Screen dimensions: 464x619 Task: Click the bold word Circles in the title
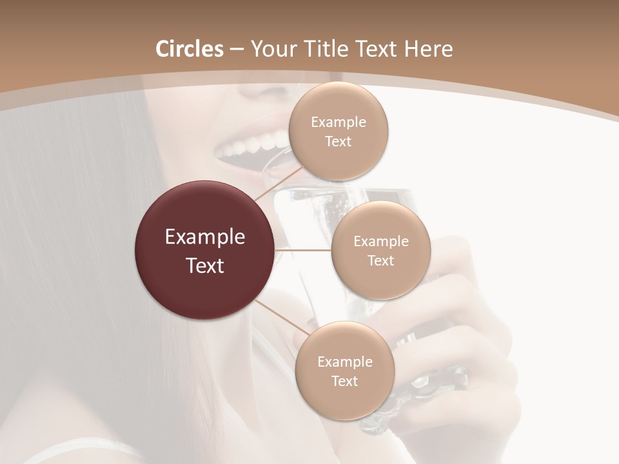pos(190,49)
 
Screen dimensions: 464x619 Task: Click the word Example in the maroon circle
pos(204,237)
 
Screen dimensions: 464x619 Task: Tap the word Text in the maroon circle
pos(204,266)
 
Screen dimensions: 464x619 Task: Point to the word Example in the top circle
pos(338,122)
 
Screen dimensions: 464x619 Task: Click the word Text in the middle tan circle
pos(380,261)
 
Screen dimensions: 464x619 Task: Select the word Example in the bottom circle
pos(344,362)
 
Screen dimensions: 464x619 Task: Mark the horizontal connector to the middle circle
pos(303,250)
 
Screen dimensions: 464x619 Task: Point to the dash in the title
pos(237,50)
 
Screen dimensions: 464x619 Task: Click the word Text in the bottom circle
pos(344,382)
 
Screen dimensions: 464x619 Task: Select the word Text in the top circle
pos(338,142)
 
